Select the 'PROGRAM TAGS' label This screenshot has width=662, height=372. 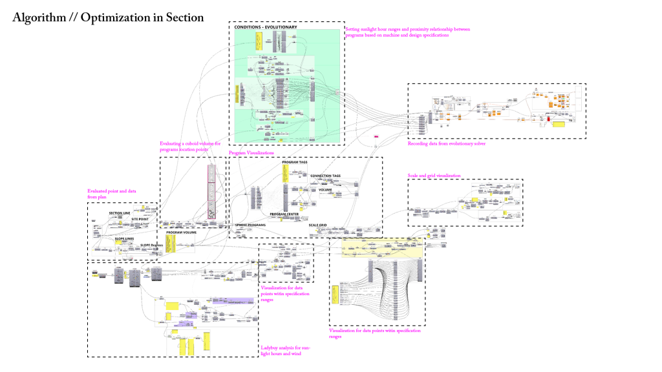tap(294, 162)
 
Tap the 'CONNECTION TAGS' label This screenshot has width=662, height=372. tap(325, 176)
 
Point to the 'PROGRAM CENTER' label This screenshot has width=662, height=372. tap(283, 214)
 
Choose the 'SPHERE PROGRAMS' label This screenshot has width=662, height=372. tap(251, 225)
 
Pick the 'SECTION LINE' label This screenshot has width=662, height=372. tap(120, 212)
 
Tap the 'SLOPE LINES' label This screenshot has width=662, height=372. tap(124, 238)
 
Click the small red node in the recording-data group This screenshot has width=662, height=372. tap(547, 119)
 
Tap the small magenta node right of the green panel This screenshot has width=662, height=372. tap(375, 137)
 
